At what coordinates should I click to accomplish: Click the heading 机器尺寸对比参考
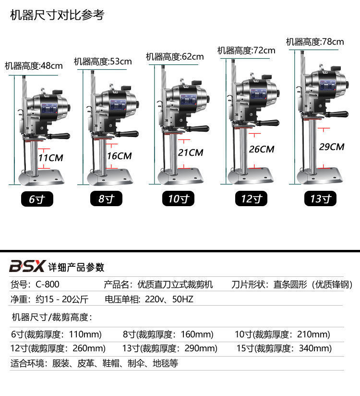[57, 15]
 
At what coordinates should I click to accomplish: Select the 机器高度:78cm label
[315, 42]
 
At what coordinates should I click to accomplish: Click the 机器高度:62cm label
[175, 57]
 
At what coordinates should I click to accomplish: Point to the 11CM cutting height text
[50, 157]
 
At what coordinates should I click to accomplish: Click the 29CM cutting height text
[331, 147]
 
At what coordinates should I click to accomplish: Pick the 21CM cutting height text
[191, 152]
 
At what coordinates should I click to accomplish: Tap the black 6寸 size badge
[37, 199]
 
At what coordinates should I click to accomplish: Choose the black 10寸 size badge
[178, 199]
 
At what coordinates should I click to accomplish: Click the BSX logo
[27, 266]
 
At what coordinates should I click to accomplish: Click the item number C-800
[48, 285]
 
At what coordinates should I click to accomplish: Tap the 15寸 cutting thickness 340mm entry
[284, 348]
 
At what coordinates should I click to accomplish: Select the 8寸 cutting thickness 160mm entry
[168, 334]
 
